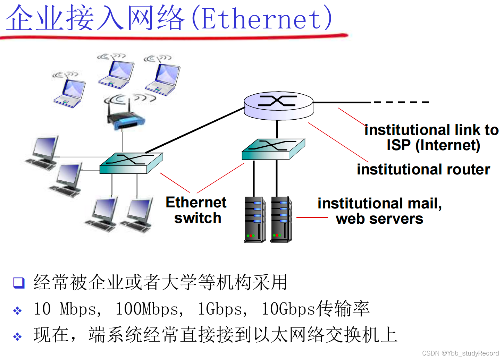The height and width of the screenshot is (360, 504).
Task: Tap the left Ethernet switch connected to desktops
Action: tap(131, 163)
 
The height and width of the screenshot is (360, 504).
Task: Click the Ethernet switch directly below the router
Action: tap(273, 149)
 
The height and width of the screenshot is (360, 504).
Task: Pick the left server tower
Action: tap(255, 220)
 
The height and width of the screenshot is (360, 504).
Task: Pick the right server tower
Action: tap(281, 219)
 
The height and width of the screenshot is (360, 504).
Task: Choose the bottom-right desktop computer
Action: tap(137, 215)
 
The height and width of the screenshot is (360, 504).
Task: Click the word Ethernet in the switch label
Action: tap(196, 203)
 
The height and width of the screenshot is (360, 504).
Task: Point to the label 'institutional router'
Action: tap(423, 170)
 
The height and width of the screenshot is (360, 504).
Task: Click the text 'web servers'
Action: tap(379, 219)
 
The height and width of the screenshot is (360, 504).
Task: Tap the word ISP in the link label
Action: tap(398, 145)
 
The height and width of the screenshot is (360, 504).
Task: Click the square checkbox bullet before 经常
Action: tap(19, 283)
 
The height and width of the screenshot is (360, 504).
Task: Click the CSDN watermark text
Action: tap(460, 353)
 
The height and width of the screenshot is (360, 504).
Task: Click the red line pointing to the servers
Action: tap(312, 217)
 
